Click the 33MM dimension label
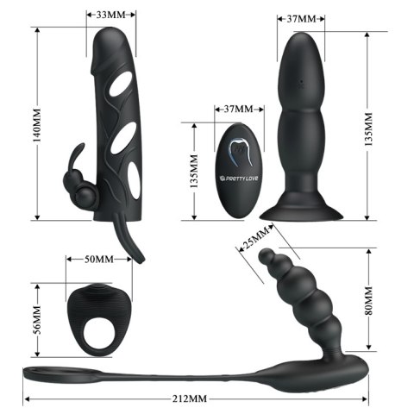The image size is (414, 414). [x=107, y=16]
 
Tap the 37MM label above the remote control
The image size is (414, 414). [x=237, y=110]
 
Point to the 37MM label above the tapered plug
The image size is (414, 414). [x=299, y=16]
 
